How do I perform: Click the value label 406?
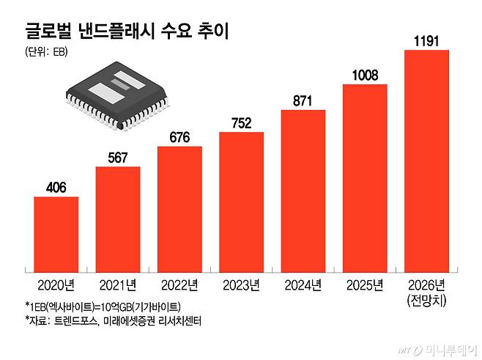(56, 188)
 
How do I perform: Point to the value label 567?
(118, 158)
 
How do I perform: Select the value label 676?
(179, 138)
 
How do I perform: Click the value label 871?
(303, 102)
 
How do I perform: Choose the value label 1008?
(364, 76)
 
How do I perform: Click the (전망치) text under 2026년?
(426, 301)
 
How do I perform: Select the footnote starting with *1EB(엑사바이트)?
(102, 306)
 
